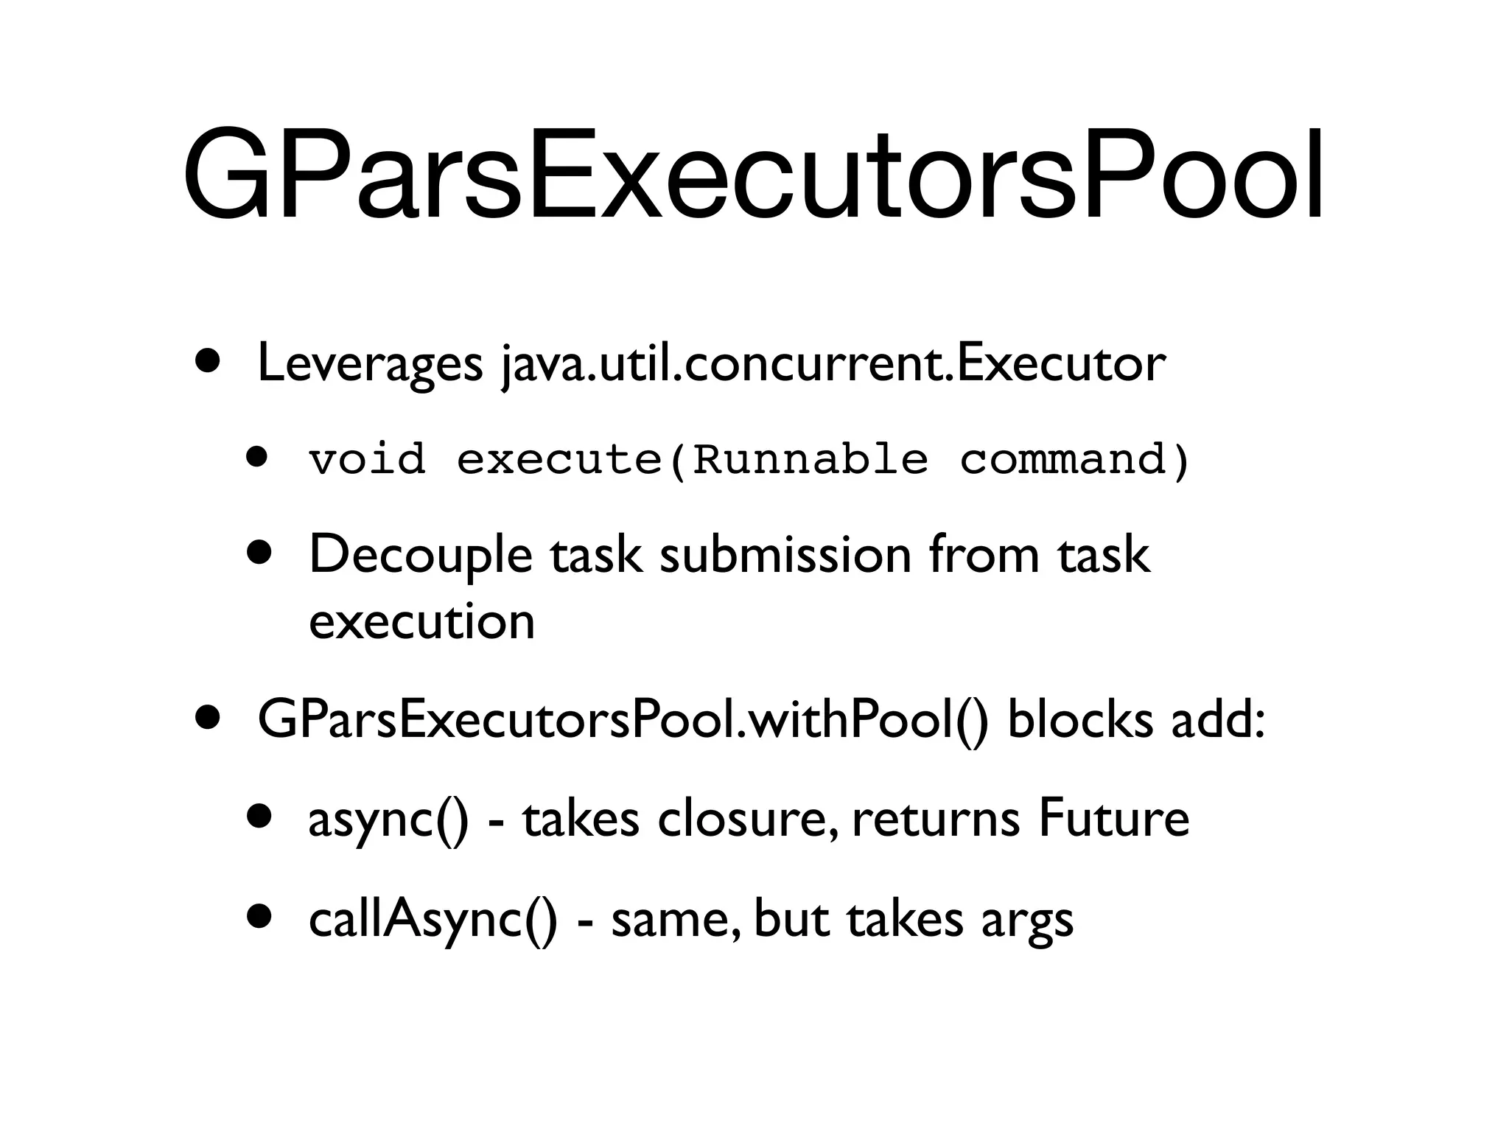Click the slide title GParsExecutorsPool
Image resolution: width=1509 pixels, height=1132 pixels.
point(753,175)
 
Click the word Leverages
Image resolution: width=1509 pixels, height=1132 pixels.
point(370,363)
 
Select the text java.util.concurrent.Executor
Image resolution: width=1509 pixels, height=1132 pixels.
point(833,363)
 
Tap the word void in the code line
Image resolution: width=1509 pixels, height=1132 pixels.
point(367,459)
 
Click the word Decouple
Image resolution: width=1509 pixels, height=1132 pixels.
point(420,554)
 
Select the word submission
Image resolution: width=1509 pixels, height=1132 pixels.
point(785,554)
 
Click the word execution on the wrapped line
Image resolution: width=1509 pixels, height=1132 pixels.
point(421,621)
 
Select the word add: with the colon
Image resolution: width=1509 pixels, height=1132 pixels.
point(1218,720)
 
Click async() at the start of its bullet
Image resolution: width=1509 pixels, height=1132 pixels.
point(388,820)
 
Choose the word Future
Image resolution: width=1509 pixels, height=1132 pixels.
point(1113,820)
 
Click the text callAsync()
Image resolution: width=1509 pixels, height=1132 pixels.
point(433,920)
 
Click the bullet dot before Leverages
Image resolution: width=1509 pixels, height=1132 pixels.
point(207,362)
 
